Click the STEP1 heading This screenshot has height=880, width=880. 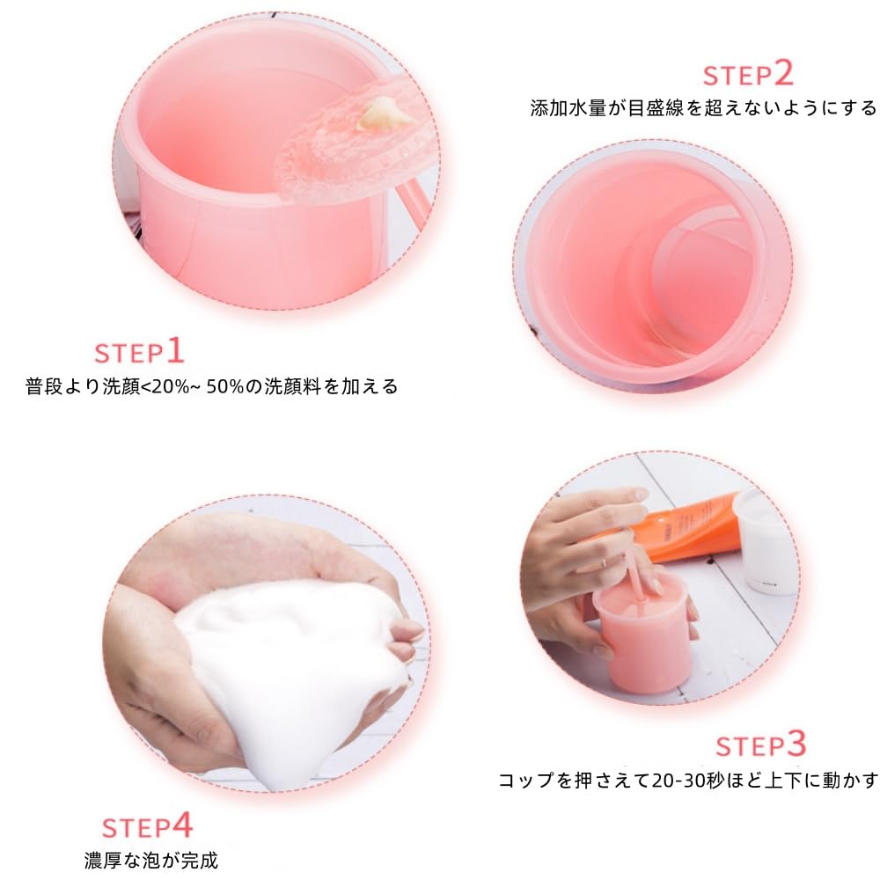tap(139, 352)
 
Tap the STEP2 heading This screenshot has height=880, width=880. tap(748, 74)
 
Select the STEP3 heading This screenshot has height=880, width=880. tap(760, 744)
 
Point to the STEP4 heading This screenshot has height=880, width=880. tap(147, 826)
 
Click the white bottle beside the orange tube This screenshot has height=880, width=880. tap(766, 540)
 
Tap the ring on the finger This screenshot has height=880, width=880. tap(603, 561)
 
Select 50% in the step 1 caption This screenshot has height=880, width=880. tap(225, 386)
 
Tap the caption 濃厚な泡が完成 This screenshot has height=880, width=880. tap(151, 860)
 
